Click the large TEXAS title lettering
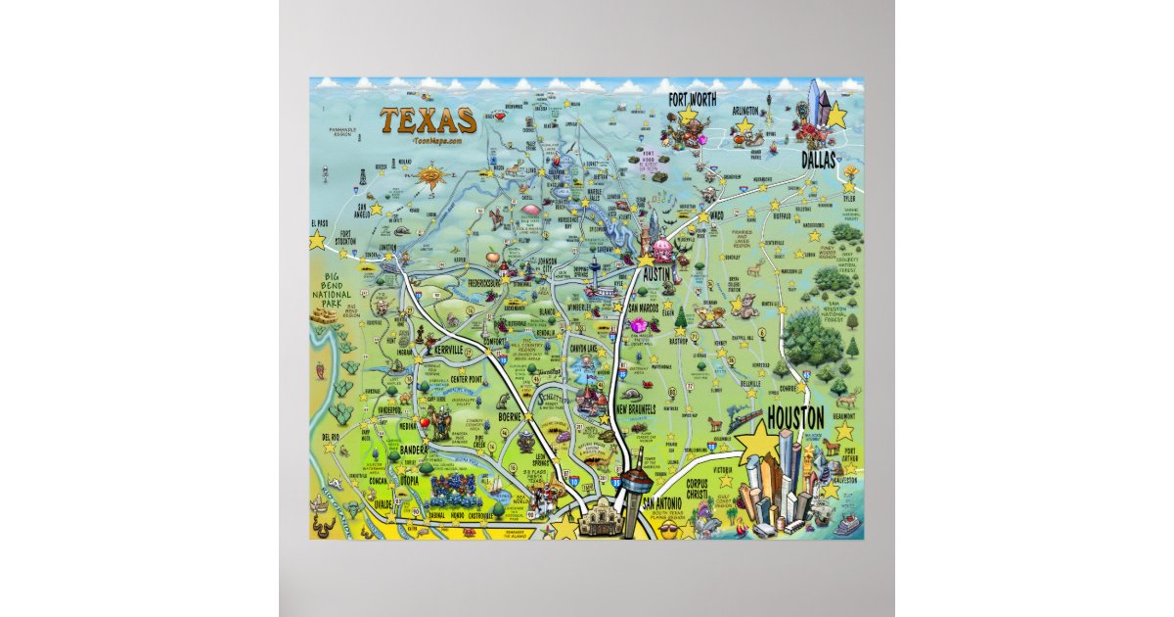(x=429, y=120)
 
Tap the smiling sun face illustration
(x=429, y=177)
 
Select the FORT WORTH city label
(x=692, y=100)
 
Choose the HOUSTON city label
(x=795, y=416)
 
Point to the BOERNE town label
(x=512, y=415)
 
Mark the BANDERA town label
(x=415, y=450)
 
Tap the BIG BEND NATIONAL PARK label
(x=332, y=300)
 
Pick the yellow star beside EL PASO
(x=317, y=239)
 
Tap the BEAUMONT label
(x=843, y=416)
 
